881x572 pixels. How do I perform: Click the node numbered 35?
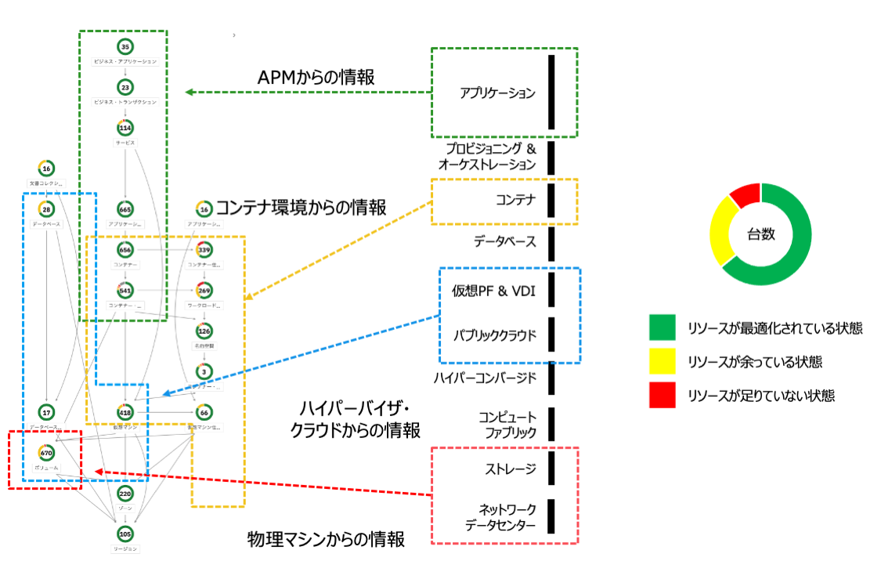tap(125, 47)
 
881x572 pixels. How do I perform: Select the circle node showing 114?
tap(125, 128)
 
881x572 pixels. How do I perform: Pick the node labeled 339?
tap(204, 250)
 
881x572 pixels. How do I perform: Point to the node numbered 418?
tap(125, 411)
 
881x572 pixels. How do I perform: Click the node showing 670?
tap(46, 452)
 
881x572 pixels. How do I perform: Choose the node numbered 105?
tap(125, 534)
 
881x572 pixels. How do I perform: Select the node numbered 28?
tap(46, 209)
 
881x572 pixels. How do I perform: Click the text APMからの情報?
tap(316, 78)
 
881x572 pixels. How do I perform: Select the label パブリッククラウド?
tap(494, 335)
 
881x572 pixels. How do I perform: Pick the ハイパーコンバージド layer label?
tap(485, 378)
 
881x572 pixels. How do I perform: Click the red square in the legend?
tap(662, 396)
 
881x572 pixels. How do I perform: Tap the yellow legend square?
tap(662, 361)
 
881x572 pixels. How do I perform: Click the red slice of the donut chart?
tap(745, 194)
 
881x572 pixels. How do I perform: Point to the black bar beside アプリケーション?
tap(551, 92)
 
